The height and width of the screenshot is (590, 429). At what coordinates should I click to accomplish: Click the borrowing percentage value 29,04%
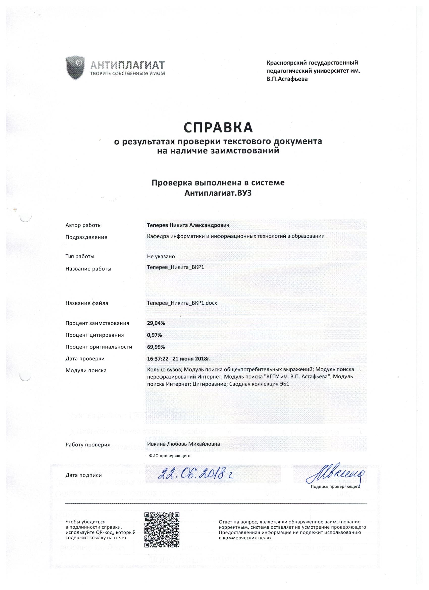point(156,323)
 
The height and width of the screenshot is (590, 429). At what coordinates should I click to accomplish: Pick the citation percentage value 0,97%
point(154,335)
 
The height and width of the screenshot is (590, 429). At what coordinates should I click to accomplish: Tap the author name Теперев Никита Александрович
point(188,225)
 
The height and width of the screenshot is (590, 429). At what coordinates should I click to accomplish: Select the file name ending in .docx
point(182,303)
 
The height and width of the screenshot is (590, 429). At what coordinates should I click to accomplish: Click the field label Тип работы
point(80,256)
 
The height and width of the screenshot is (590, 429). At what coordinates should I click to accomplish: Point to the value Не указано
point(161,256)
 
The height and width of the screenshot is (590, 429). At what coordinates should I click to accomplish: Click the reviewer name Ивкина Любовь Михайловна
point(183,444)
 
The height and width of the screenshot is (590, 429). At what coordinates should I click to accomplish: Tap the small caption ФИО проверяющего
point(170,456)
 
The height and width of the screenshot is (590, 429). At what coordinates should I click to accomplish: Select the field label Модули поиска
point(86,370)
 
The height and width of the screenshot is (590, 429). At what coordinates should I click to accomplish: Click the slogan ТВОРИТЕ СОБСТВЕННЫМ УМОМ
point(127,74)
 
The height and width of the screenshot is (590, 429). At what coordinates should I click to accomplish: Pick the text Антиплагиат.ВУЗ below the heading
point(218,194)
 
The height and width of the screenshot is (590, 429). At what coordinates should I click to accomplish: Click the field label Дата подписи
point(84,475)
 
